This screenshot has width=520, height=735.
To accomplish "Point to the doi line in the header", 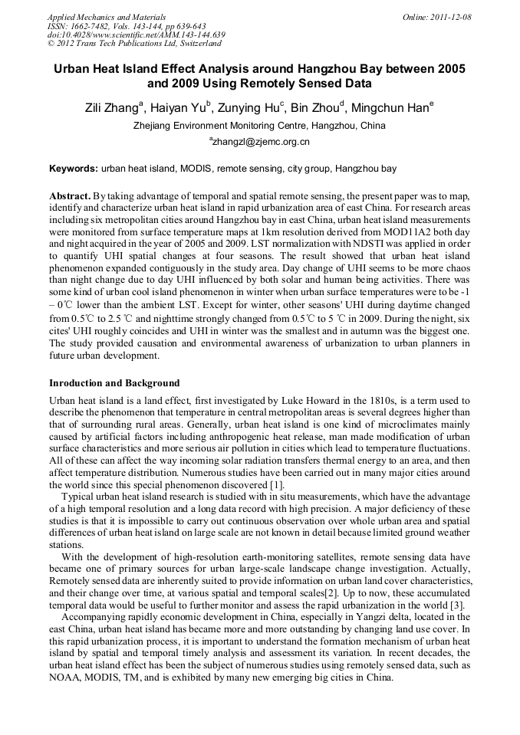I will click(137, 34).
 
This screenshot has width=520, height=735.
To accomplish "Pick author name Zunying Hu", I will click(248, 108).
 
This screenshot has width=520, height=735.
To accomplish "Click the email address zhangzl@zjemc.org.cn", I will click(261, 143).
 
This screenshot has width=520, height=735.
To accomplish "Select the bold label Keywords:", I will click(74, 168).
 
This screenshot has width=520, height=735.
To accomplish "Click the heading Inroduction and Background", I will click(114, 382).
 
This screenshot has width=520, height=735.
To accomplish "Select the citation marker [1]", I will click(276, 485).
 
